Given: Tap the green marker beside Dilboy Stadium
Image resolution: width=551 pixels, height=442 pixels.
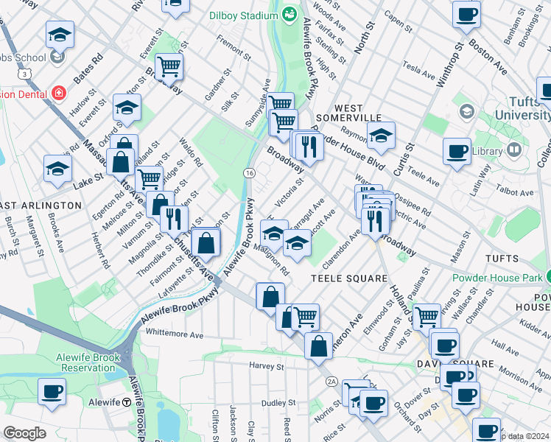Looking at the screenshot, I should coord(289,13).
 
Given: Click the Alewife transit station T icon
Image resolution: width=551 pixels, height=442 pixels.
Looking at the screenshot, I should coord(127,402).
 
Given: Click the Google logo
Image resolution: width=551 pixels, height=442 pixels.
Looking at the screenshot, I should coord(24,433).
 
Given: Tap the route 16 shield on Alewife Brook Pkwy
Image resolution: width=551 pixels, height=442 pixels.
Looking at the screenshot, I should coord(250,172).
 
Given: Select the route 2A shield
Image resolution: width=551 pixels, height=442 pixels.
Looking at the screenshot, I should coord(331,381).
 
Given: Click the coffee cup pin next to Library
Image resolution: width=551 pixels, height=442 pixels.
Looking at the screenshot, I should coord(457,152).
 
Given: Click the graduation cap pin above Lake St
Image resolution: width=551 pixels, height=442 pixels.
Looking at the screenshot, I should coord(57,169).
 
